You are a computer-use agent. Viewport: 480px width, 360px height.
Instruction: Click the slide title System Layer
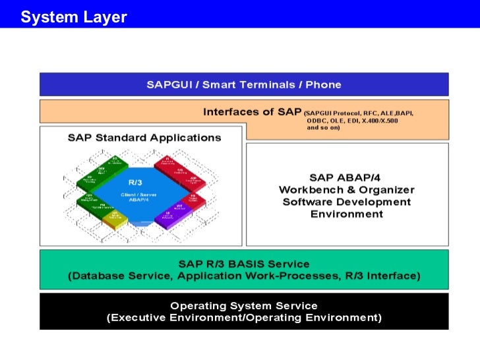tap(73, 17)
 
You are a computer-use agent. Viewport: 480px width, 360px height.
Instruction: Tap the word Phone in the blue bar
tap(323, 84)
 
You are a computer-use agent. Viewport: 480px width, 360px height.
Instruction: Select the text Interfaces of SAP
tap(252, 111)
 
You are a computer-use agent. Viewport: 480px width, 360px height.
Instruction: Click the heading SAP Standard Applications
tap(144, 138)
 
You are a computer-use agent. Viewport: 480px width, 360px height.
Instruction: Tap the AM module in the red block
tap(193, 180)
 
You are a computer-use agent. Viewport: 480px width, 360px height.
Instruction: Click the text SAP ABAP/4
tap(346, 177)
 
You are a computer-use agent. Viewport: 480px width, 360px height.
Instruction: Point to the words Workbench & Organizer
tap(346, 190)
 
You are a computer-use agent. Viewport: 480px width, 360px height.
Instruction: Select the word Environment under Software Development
tap(346, 214)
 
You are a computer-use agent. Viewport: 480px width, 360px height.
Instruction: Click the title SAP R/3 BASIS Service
tap(243, 263)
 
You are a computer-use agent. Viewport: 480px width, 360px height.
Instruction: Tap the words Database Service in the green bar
tap(122, 276)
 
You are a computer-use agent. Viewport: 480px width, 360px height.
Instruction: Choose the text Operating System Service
tap(243, 306)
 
